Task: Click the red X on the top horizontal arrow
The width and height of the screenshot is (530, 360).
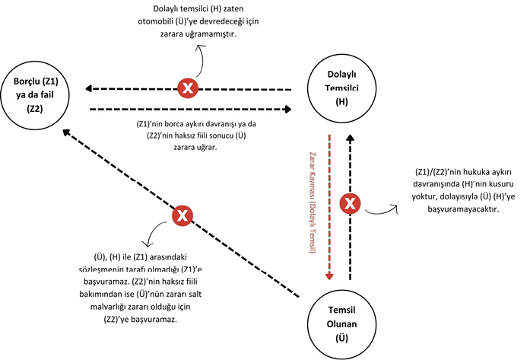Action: pyautogui.click(x=186, y=88)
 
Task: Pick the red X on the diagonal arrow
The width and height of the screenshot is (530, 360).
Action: pyautogui.click(x=182, y=216)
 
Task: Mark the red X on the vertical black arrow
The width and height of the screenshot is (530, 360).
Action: pyautogui.click(x=351, y=203)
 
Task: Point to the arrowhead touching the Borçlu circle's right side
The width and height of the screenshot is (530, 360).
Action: pyautogui.click(x=88, y=88)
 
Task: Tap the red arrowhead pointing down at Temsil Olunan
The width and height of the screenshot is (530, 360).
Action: pyautogui.click(x=329, y=276)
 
